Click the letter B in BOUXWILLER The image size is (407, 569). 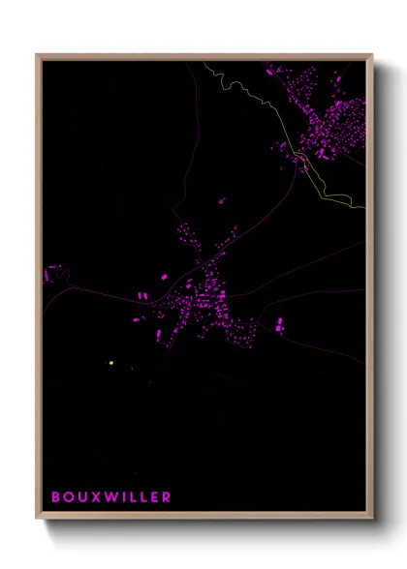[56, 497]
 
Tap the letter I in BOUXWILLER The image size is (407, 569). [122, 497]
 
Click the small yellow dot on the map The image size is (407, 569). [111, 363]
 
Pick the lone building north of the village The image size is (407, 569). [223, 200]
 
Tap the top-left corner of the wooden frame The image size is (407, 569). [37, 55]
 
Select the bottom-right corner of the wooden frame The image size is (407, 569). [371, 518]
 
